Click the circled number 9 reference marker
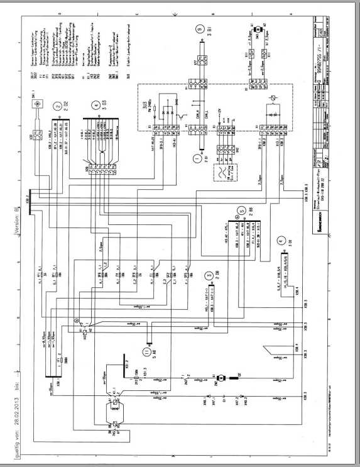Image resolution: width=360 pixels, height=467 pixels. coord(200,30)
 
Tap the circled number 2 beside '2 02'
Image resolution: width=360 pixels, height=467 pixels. coord(58,106)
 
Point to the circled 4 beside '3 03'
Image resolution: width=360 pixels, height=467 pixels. coord(94,106)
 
